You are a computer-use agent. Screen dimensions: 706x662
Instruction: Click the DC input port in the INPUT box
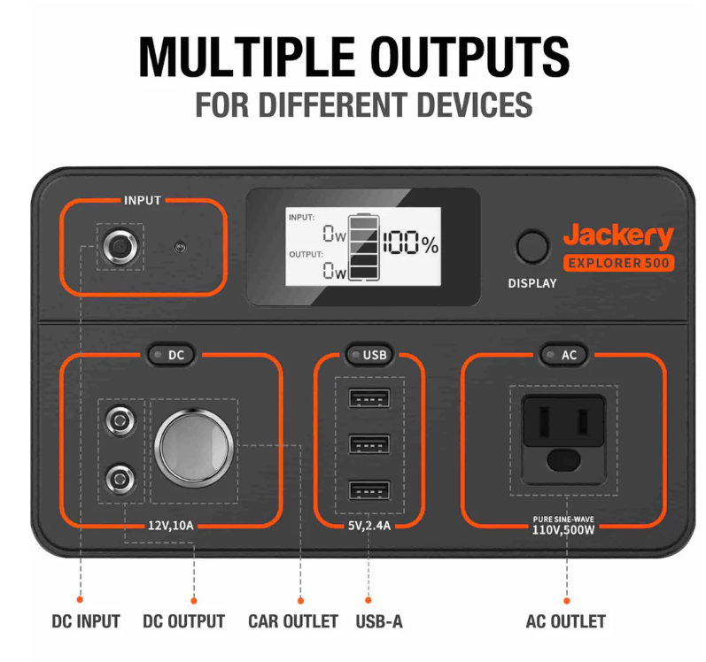tap(120, 247)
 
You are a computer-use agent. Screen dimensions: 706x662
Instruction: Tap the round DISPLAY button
tap(532, 247)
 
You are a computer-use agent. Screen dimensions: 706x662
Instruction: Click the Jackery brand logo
tap(618, 235)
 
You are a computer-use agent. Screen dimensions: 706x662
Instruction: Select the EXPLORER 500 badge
tap(618, 263)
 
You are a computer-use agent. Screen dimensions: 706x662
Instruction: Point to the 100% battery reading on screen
tap(411, 243)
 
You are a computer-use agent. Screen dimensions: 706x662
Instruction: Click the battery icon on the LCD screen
tap(364, 247)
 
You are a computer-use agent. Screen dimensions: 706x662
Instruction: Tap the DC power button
tap(171, 355)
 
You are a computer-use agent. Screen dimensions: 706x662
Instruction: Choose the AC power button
tap(564, 355)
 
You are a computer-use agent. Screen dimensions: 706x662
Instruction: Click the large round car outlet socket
tap(194, 448)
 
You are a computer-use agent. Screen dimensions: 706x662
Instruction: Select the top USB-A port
tap(369, 398)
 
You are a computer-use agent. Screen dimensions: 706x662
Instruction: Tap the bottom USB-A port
tap(369, 490)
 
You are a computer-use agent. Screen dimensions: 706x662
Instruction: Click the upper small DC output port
tap(120, 421)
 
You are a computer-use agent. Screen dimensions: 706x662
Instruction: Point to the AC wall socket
tap(563, 439)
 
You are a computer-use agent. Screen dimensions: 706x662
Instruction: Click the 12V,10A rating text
tap(171, 526)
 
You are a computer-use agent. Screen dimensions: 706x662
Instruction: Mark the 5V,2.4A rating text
tap(369, 526)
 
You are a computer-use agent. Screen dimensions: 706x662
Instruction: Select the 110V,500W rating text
tap(563, 530)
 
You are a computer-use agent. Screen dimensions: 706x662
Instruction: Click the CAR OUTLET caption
tap(293, 621)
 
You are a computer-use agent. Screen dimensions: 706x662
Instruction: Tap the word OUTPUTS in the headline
tap(470, 58)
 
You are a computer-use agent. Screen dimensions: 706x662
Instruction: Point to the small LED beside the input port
tap(180, 247)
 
